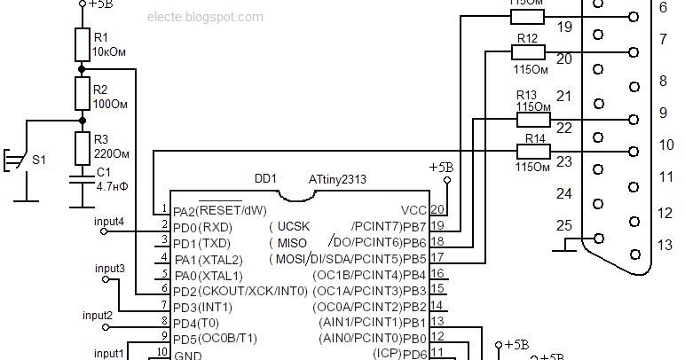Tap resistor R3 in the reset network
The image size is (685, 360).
tap(81, 145)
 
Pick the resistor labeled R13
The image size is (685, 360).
tap(533, 120)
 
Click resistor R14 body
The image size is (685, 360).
tap(533, 151)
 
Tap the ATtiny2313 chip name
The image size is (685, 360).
tap(337, 179)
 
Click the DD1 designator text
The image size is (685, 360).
tap(266, 179)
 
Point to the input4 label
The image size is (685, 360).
tap(109, 221)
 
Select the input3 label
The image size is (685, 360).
tap(109, 268)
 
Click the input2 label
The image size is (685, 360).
tap(98, 315)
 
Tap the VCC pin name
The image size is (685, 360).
tap(413, 210)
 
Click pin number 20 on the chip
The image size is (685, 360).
tap(437, 210)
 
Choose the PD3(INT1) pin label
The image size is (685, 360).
tap(202, 307)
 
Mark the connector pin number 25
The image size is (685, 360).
tap(564, 226)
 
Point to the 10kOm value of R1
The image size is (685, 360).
tap(109, 52)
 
